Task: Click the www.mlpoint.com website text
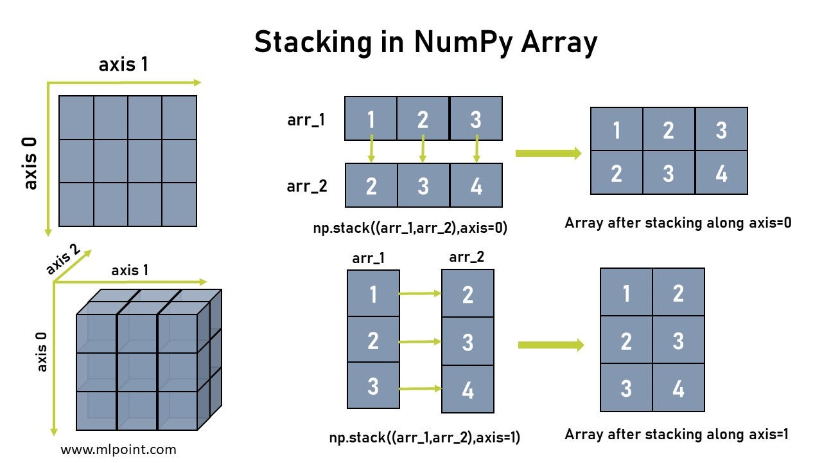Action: [x=118, y=449]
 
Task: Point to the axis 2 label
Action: [x=63, y=260]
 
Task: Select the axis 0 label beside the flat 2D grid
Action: [x=30, y=163]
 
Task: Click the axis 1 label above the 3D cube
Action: [x=130, y=270]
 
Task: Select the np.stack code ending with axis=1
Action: [x=424, y=438]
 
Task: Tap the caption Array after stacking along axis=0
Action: [x=678, y=223]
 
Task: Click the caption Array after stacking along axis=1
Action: [x=676, y=434]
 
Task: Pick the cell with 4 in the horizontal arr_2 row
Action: [x=476, y=185]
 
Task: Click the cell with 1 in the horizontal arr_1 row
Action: [x=371, y=118]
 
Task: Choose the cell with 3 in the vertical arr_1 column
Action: [x=373, y=386]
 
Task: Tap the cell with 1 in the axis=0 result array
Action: [x=616, y=129]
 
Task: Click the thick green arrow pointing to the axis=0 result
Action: [x=548, y=153]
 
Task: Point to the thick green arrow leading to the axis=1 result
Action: [x=550, y=345]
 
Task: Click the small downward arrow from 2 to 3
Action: [x=423, y=150]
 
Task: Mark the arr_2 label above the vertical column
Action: [x=467, y=257]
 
